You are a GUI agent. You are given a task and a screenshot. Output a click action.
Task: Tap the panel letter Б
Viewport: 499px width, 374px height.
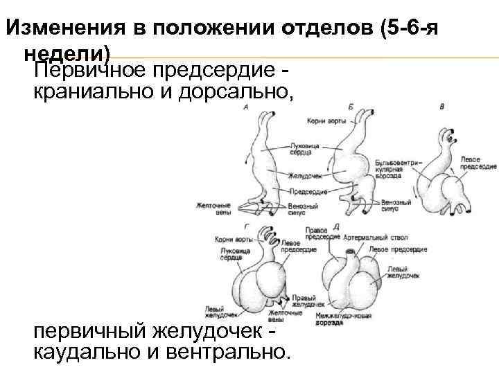pos(351,106)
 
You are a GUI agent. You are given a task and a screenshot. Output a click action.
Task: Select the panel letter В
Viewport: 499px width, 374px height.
pos(442,107)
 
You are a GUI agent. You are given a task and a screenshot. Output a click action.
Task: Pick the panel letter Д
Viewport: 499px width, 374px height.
pos(336,226)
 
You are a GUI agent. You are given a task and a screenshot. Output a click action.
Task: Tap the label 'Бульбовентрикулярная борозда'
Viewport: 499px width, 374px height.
pos(398,169)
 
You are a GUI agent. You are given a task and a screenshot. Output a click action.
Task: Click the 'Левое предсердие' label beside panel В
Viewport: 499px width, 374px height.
pos(478,163)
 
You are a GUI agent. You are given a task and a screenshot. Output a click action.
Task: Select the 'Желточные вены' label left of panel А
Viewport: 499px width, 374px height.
pos(210,208)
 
